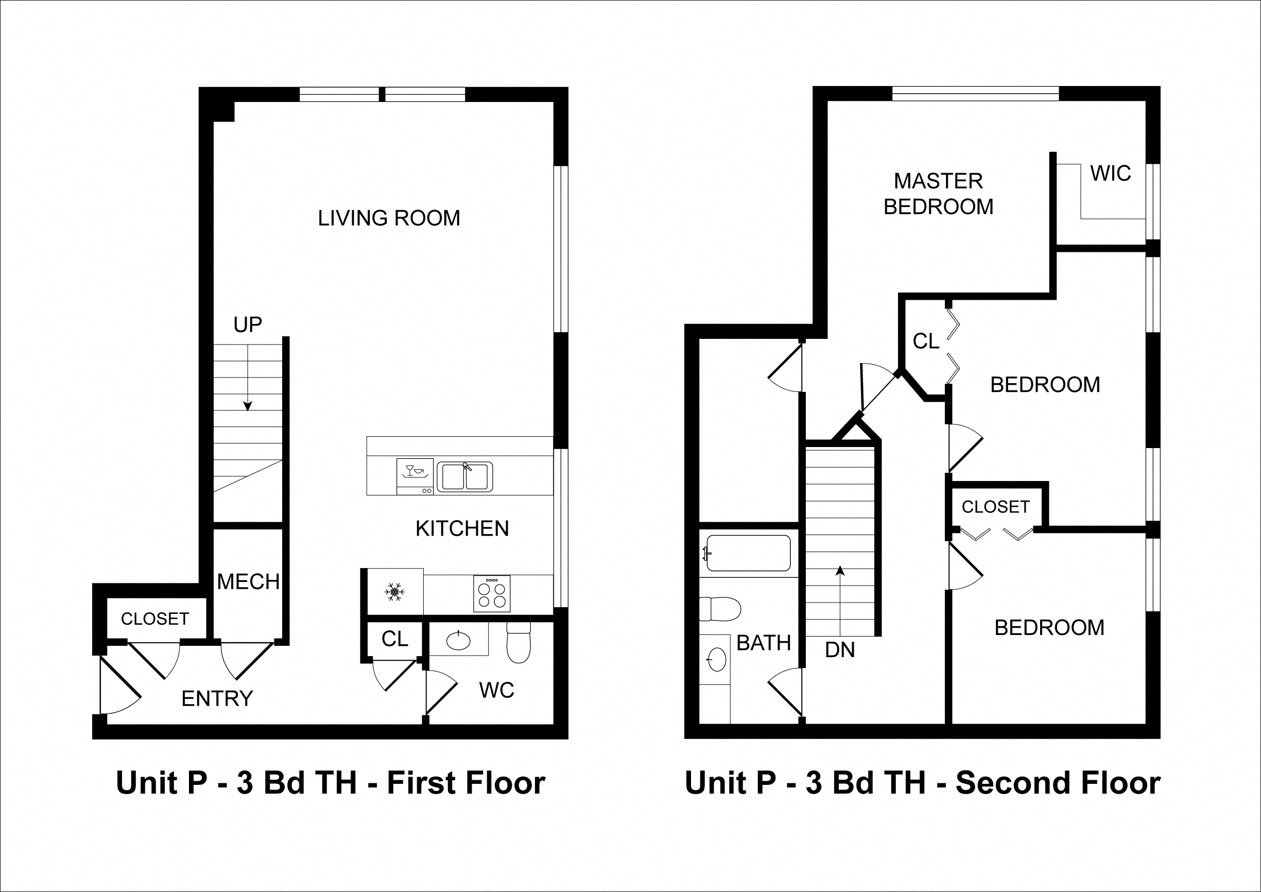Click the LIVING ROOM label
tap(389, 218)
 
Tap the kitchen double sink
tap(464, 477)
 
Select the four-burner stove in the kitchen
tap(492, 594)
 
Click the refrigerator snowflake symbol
tap(394, 592)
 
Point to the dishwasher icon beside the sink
tap(414, 476)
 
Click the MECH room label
tap(248, 581)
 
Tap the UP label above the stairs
tap(248, 324)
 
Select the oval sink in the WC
tap(458, 641)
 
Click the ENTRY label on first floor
tap(217, 699)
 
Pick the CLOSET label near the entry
tap(155, 619)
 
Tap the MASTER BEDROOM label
tap(938, 194)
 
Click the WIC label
tap(1111, 174)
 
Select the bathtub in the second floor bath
tap(748, 553)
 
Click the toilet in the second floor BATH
tap(719, 609)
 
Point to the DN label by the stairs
tap(840, 650)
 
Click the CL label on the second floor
tap(926, 341)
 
